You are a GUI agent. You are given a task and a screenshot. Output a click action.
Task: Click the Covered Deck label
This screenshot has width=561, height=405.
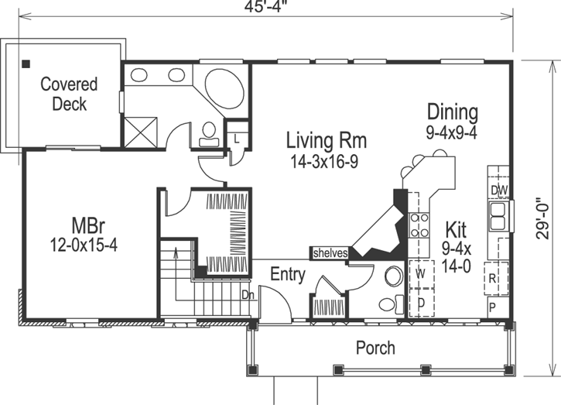[x=69, y=94]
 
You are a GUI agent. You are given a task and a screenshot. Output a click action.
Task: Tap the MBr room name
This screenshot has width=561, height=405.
[x=88, y=226]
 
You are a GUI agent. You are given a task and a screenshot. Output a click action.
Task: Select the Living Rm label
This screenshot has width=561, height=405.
[x=327, y=140]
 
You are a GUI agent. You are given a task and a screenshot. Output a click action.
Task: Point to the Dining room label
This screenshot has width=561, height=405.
[x=453, y=112]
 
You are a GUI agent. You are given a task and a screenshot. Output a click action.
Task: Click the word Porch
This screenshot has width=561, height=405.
[x=375, y=348]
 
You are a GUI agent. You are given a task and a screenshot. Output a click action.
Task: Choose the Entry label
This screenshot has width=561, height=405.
[x=288, y=275]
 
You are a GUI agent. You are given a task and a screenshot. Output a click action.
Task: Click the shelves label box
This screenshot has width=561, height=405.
[x=330, y=253]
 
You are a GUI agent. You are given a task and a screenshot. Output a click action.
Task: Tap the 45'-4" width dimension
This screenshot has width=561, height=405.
[x=266, y=7]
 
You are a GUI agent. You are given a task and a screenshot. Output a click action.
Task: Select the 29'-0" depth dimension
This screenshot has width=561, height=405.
[x=542, y=218]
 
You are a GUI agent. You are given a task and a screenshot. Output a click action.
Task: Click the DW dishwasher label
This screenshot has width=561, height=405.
[x=499, y=190]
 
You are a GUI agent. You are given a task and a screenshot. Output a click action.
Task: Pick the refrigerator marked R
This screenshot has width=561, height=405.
[x=496, y=279]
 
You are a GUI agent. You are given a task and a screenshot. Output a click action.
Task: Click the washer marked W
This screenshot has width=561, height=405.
[x=422, y=274]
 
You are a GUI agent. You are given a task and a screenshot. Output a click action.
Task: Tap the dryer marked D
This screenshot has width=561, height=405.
[x=422, y=303]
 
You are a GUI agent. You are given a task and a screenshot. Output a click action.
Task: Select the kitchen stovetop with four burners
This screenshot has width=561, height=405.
[x=419, y=225]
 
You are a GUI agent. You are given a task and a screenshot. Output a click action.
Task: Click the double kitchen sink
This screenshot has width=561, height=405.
[x=498, y=216]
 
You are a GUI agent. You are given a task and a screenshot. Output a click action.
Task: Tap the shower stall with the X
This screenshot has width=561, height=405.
[x=141, y=132]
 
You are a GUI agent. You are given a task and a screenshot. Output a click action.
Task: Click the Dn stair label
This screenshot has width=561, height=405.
[x=248, y=295]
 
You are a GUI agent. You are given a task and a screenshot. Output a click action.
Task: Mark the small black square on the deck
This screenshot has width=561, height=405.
[x=26, y=64]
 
